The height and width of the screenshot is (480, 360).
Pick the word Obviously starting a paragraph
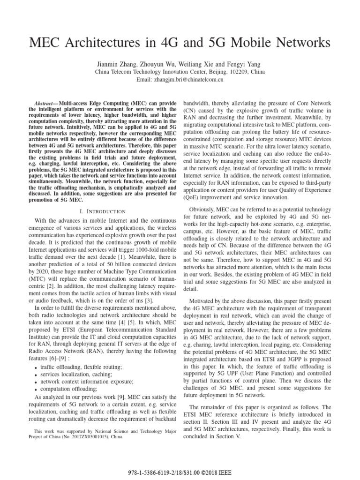203,209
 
